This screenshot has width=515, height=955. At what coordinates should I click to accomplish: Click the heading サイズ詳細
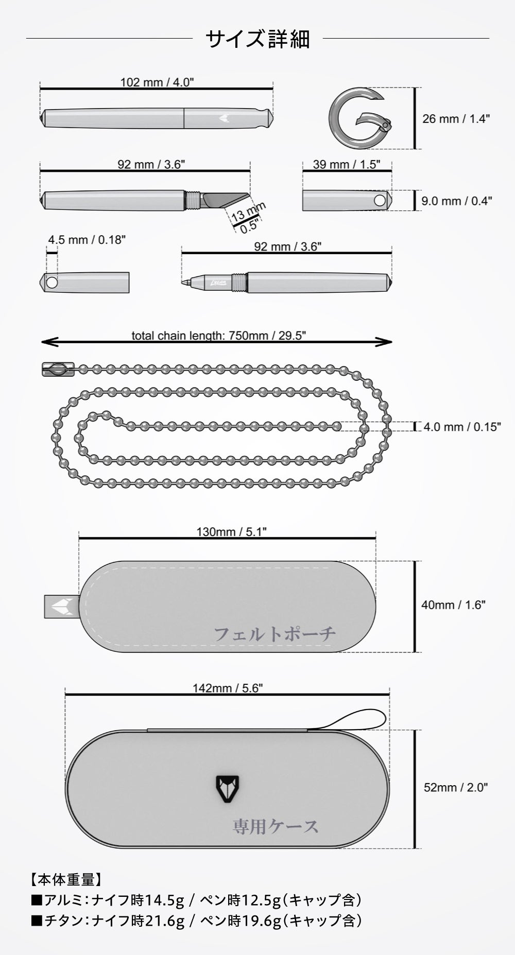click(x=257, y=39)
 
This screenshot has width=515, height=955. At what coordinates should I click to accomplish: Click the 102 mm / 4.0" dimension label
click(x=157, y=82)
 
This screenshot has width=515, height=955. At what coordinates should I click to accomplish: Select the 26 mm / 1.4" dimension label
click(x=456, y=119)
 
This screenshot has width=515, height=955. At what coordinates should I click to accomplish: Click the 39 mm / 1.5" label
click(x=347, y=164)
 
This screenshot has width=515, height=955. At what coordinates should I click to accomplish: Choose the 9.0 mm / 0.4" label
click(x=456, y=201)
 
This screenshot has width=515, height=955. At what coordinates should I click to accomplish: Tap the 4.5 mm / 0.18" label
click(x=87, y=239)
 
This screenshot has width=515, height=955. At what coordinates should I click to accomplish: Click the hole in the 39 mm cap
click(x=380, y=200)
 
